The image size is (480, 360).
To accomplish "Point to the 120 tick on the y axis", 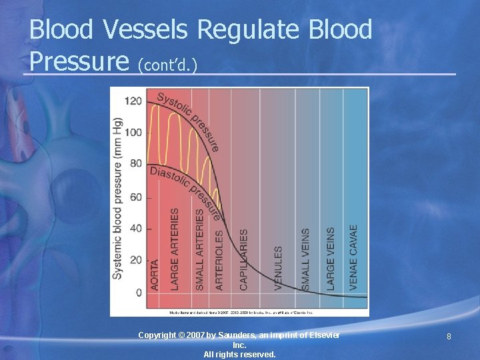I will (x=133, y=101).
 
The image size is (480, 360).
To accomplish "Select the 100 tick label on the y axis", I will (x=133, y=132).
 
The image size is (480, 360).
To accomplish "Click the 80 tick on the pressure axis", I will (x=135, y=164).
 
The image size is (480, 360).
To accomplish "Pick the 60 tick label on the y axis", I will (x=135, y=197).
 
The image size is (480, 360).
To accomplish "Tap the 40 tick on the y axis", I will (x=135, y=228).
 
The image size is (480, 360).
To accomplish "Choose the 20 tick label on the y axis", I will (x=135, y=260).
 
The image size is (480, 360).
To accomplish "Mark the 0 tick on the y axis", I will (x=138, y=293).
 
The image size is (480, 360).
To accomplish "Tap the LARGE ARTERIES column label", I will (x=175, y=249).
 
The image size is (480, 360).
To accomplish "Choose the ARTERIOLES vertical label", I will (x=219, y=260).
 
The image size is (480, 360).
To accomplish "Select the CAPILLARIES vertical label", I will (x=244, y=259).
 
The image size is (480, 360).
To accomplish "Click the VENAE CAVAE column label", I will (x=354, y=257).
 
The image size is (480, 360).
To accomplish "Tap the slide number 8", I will (x=449, y=337).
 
